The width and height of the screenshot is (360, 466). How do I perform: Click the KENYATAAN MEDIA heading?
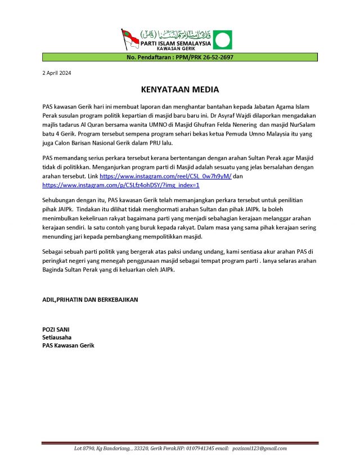179,89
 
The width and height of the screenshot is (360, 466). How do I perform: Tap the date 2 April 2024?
57,73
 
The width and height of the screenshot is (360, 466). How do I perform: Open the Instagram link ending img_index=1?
121,185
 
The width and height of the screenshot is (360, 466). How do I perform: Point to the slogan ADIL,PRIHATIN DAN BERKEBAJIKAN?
90,299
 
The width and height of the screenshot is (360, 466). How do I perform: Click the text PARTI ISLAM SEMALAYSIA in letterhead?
175,43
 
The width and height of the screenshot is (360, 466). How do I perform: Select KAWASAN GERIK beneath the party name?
175,50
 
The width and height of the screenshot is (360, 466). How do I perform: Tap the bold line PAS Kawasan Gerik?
69,346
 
